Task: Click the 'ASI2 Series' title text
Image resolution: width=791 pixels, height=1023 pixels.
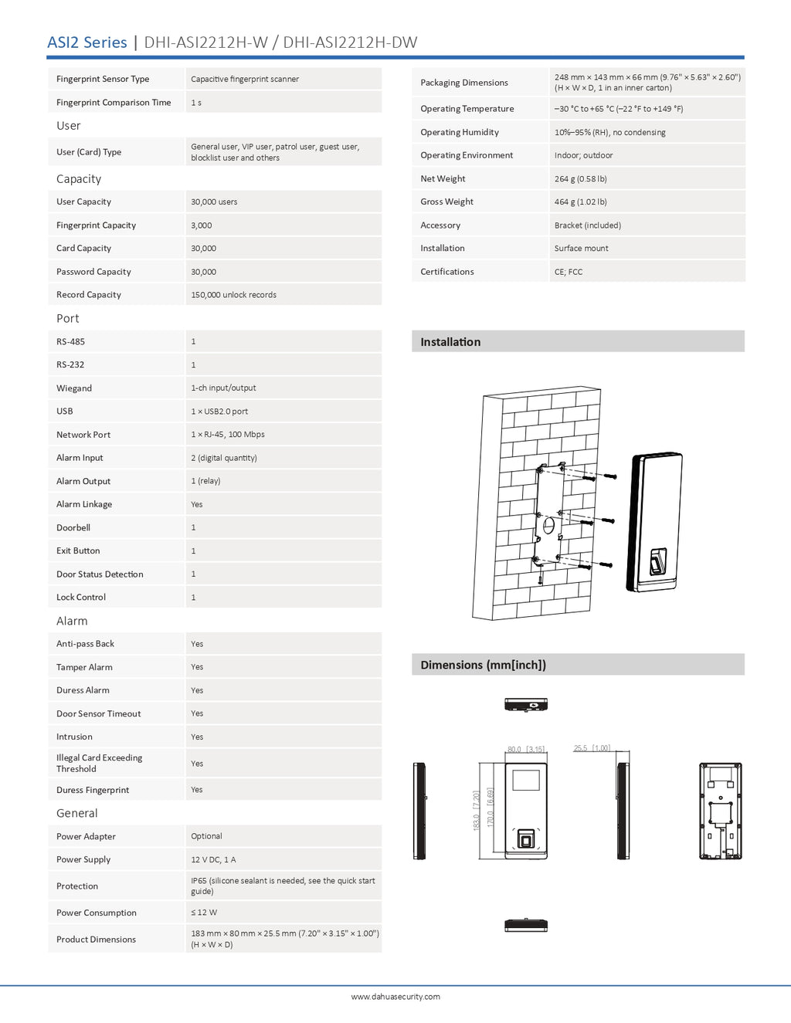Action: pyautogui.click(x=87, y=42)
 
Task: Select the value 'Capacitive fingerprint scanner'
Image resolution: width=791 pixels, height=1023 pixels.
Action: pyautogui.click(x=245, y=80)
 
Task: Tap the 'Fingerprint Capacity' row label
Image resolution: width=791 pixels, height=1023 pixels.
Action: pyautogui.click(x=96, y=225)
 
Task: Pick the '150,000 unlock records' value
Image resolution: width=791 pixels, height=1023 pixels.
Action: pyautogui.click(x=233, y=295)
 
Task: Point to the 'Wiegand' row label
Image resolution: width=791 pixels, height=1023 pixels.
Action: pyautogui.click(x=74, y=388)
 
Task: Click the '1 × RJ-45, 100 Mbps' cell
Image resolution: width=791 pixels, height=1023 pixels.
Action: pyautogui.click(x=228, y=435)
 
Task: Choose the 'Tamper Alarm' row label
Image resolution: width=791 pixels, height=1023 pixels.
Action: pyautogui.click(x=84, y=667)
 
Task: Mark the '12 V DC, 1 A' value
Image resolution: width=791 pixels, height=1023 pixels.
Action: pyautogui.click(x=213, y=859)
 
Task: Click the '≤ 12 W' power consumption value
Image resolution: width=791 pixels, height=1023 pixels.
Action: pyautogui.click(x=204, y=913)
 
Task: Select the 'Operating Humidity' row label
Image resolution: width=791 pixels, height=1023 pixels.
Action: pyautogui.click(x=460, y=132)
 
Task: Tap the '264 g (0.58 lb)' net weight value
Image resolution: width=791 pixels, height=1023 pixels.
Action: pyautogui.click(x=580, y=178)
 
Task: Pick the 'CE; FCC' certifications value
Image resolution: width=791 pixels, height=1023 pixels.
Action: pyautogui.click(x=569, y=272)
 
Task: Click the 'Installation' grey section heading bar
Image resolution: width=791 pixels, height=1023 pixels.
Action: pyautogui.click(x=578, y=341)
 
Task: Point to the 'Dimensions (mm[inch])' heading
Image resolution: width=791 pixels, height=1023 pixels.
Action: pyautogui.click(x=484, y=665)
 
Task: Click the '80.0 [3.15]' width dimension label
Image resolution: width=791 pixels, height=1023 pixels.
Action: pyautogui.click(x=525, y=749)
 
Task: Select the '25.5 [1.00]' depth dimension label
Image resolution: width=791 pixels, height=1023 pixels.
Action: pyautogui.click(x=592, y=748)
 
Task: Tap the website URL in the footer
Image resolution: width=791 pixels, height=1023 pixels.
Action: pyautogui.click(x=395, y=997)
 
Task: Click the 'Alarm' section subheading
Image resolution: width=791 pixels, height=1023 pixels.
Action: pyautogui.click(x=72, y=621)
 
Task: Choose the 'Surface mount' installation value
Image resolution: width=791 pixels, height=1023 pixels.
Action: pyautogui.click(x=581, y=249)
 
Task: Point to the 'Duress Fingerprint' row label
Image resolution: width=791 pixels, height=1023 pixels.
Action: pyautogui.click(x=93, y=790)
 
